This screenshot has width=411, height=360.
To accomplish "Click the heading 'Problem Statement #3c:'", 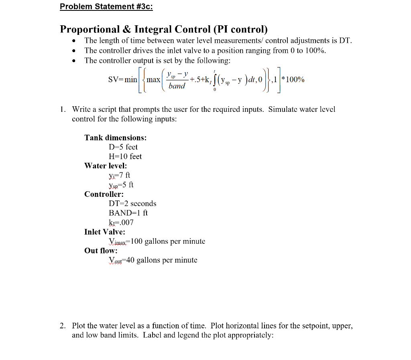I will point(106,7).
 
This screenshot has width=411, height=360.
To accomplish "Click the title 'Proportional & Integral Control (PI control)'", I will point(164,29).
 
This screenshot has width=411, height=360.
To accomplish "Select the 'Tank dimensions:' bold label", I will point(115,138).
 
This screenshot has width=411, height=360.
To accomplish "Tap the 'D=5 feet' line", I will point(123,147).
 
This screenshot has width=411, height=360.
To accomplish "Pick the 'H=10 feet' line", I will point(125,156).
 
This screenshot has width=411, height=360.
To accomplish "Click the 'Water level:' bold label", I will point(106,166).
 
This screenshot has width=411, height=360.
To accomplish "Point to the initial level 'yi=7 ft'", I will point(119,175).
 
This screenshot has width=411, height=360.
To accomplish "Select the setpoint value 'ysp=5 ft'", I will point(121,185).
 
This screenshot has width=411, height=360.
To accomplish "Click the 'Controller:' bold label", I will point(104,194).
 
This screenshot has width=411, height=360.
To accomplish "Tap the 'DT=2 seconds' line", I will point(132,204).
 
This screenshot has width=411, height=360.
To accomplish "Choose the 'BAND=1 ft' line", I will point(128,213).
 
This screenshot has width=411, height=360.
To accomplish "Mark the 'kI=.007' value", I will point(121,222).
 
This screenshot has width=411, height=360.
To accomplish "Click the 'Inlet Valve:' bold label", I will point(105,232).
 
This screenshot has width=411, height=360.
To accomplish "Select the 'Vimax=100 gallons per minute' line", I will point(157,241).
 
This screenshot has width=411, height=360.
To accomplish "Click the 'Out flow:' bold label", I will point(101,251).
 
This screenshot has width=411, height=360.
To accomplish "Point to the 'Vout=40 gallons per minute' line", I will point(153,260).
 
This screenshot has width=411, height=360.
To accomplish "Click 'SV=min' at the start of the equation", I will point(122,79).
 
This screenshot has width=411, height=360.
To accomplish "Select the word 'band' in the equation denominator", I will point(177,86).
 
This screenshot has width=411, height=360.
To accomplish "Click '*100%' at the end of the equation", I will point(293,79).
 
